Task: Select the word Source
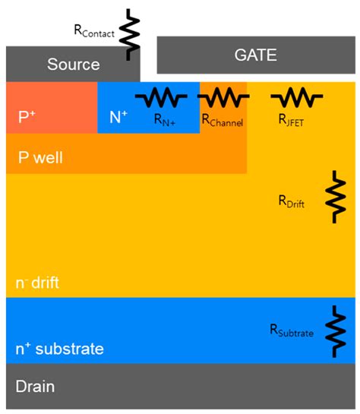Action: (x=74, y=65)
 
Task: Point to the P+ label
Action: (x=27, y=117)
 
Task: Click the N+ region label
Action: (x=118, y=117)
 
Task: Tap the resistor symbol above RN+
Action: (x=160, y=97)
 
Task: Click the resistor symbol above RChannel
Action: (x=223, y=97)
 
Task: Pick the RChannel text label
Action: (x=223, y=119)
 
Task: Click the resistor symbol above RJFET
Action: (x=296, y=97)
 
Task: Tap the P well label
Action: (x=40, y=159)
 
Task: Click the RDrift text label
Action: (x=292, y=201)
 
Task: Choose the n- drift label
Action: (x=37, y=283)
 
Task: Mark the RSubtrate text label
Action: (x=291, y=330)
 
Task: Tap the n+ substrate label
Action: (x=59, y=349)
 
